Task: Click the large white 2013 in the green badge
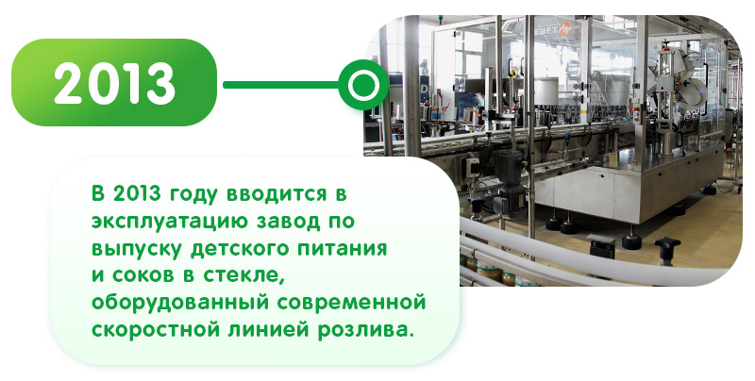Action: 114,83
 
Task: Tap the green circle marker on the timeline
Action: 363,85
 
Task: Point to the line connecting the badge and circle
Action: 281,85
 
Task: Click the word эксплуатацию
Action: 171,222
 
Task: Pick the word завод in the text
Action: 290,222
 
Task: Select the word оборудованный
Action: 179,304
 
